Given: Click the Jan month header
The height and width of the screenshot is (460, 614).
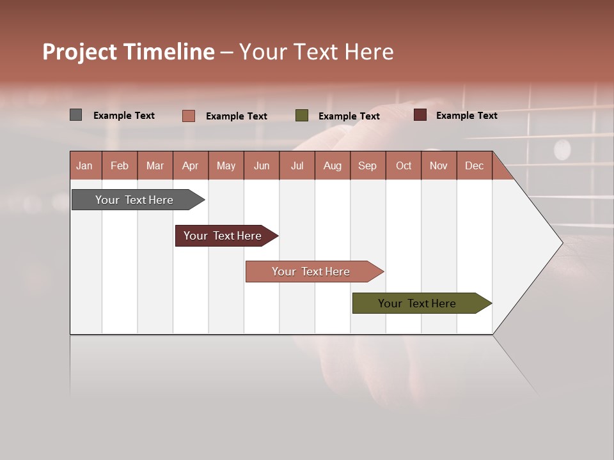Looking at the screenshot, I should click(x=84, y=165).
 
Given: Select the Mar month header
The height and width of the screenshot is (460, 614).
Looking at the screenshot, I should click(x=155, y=165).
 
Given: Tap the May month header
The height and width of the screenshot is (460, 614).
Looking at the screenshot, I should click(x=226, y=165).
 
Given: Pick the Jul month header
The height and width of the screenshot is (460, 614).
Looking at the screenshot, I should click(x=297, y=165).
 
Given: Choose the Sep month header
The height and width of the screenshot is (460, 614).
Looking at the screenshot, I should click(x=367, y=165).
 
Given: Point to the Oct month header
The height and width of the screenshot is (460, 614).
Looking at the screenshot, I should click(x=404, y=165).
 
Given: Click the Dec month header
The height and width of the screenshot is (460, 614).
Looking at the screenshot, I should click(x=474, y=165).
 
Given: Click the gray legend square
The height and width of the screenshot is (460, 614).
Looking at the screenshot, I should click(x=75, y=115).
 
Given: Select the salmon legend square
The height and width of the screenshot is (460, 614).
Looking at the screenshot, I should click(x=188, y=116).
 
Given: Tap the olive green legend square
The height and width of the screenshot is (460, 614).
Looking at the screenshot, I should click(x=301, y=116).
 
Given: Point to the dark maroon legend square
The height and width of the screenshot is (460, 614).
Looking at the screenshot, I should click(x=420, y=115).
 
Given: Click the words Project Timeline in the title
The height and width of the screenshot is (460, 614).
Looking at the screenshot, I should click(x=129, y=52).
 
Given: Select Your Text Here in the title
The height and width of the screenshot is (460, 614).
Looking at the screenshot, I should click(x=316, y=52).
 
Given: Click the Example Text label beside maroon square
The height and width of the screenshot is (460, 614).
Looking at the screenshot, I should click(x=466, y=115).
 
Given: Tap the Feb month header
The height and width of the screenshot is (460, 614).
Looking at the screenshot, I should click(x=120, y=165).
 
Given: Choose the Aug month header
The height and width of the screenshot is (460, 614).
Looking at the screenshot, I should click(x=332, y=165).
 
